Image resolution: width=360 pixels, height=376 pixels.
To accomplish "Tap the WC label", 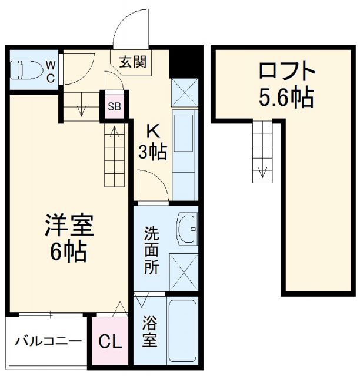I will pyautogui.click(x=51, y=70).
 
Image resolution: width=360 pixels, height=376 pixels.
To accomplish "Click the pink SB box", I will pyautogui.click(x=115, y=106).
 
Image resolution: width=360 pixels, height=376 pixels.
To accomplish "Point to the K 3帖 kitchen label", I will pyautogui.click(x=152, y=143).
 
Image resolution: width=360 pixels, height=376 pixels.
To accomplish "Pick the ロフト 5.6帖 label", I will pyautogui.click(x=286, y=84).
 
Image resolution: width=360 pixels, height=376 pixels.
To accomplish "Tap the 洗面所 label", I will pyautogui.click(x=152, y=249).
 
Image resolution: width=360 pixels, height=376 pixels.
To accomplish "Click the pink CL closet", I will pyautogui.click(x=110, y=341).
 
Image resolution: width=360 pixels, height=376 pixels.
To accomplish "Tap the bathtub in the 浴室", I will pyautogui.click(x=182, y=330).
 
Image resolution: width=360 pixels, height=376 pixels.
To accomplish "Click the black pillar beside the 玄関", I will pyautogui.click(x=184, y=61).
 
